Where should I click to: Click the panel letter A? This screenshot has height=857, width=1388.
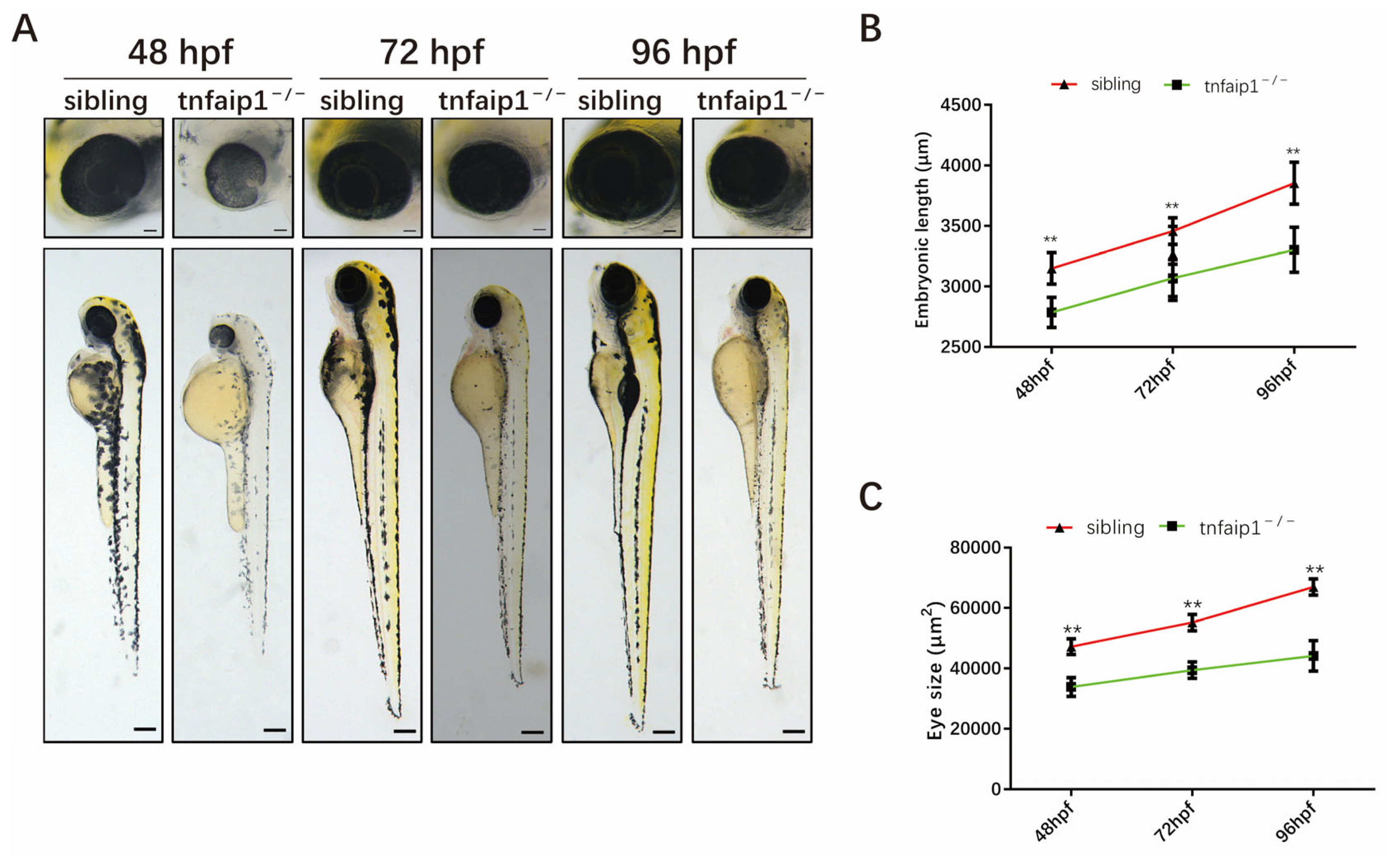tap(24, 29)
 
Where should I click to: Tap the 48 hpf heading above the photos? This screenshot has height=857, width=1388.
tap(180, 52)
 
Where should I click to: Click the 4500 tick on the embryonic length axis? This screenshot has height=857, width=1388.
tap(961, 105)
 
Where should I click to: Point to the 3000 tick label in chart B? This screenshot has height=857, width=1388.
tap(961, 287)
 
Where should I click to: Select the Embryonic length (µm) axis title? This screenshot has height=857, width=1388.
tap(923, 230)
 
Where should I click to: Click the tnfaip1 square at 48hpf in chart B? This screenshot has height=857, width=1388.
tap(1051, 312)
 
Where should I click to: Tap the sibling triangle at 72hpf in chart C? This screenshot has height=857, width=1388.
tap(1192, 623)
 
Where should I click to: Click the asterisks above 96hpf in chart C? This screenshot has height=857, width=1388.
tap(1314, 570)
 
